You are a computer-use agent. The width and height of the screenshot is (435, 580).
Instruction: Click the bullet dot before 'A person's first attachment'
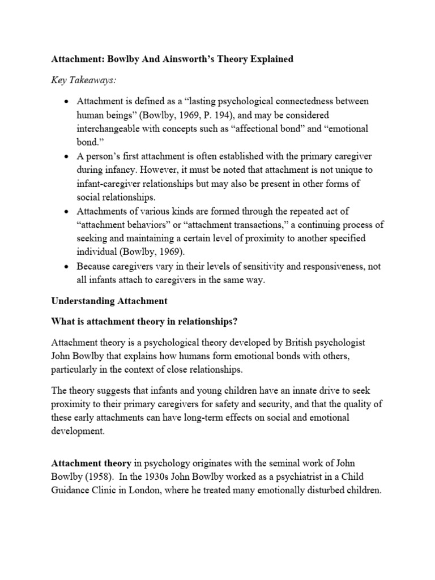67,156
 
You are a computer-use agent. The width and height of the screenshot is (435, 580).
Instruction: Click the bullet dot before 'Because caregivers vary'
67,265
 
